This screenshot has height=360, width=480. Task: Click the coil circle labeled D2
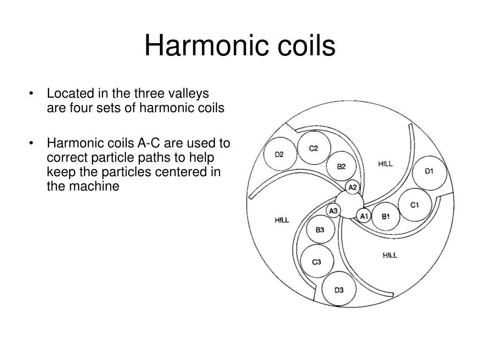[x=279, y=154]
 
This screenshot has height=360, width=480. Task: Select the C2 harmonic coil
[x=314, y=148]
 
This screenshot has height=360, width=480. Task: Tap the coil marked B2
[x=342, y=166]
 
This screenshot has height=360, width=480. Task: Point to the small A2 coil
[x=353, y=187]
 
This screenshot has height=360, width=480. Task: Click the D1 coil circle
[x=429, y=171]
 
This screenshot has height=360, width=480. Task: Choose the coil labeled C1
[x=414, y=205]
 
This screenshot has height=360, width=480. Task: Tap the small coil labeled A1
[x=364, y=216]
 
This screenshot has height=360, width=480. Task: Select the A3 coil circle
[x=334, y=211]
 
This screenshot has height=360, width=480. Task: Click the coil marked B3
[x=320, y=230]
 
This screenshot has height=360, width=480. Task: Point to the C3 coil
[x=317, y=262]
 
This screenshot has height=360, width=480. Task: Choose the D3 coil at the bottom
[x=339, y=290]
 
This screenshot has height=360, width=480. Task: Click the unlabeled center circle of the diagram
[x=350, y=205]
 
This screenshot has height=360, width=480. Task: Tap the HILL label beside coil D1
[x=385, y=164]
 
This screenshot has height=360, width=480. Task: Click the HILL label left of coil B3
[x=282, y=219]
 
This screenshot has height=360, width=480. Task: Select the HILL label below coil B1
[x=390, y=255]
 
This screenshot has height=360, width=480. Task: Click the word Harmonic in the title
[x=199, y=46]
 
